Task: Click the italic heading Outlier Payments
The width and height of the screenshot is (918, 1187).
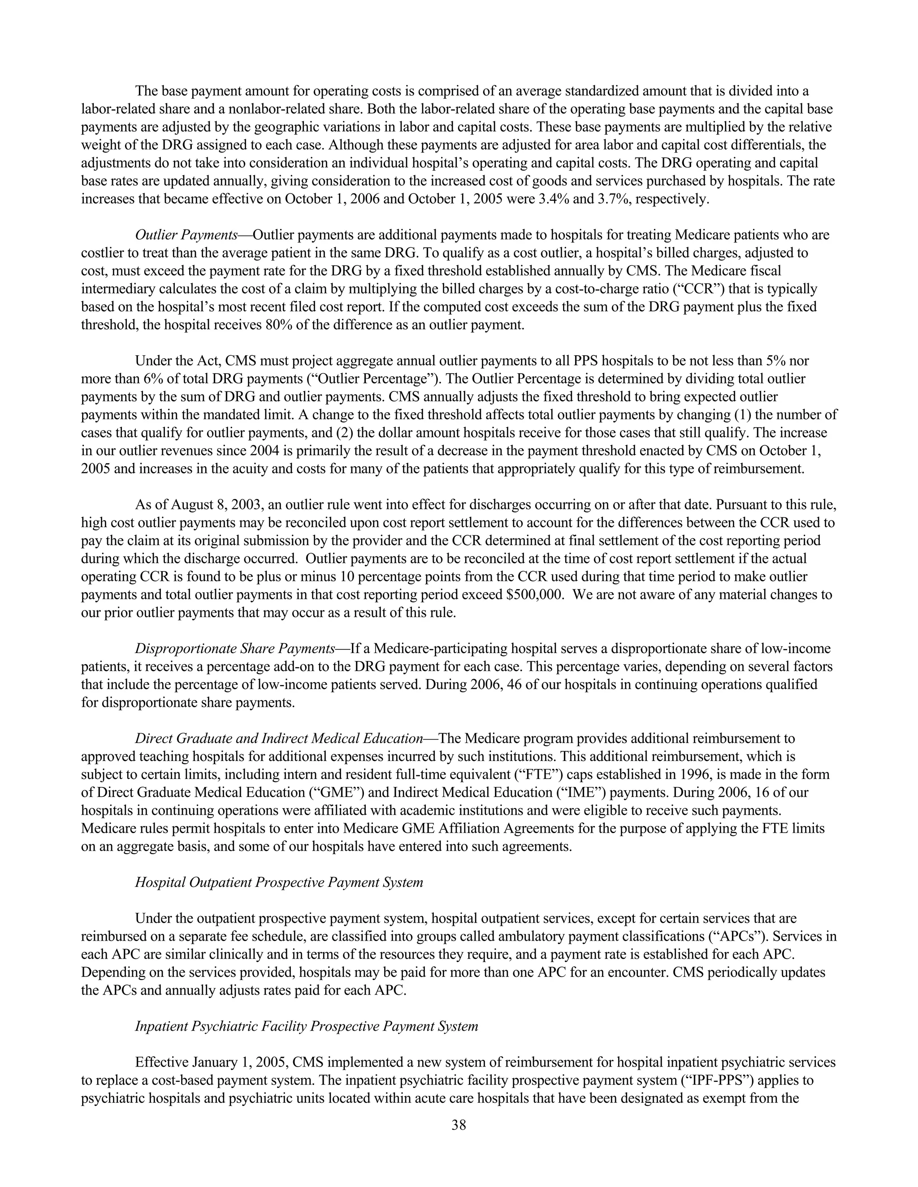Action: click(x=186, y=235)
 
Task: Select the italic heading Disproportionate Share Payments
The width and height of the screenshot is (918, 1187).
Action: click(x=234, y=649)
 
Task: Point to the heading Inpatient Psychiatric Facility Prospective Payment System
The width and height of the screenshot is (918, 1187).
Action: click(x=306, y=1027)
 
